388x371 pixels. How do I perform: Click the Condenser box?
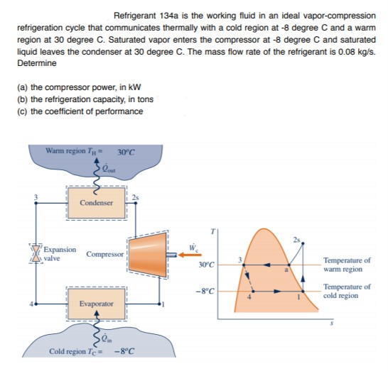[96, 202]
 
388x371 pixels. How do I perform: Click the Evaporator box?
[97, 303]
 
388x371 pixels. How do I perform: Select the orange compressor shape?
[147, 252]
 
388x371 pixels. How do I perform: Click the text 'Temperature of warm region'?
[347, 265]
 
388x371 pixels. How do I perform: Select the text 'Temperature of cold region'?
[347, 291]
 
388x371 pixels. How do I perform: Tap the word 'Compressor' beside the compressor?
[105, 253]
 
